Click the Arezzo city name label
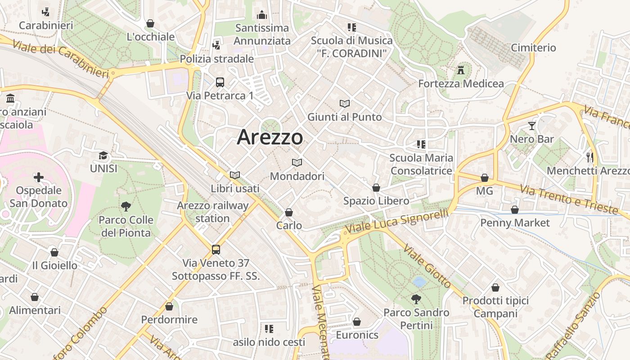coord(270,137)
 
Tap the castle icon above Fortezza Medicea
coord(460,70)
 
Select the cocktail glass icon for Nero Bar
coord(532,126)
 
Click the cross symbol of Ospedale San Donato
coord(39,177)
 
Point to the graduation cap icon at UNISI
coord(103,156)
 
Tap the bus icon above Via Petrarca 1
coord(220,82)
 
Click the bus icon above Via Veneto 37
coord(216,249)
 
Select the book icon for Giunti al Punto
coord(345,104)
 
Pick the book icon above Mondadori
coord(297,163)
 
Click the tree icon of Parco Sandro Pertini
coord(416,299)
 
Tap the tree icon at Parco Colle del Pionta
coord(126,207)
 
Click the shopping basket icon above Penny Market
coord(515,210)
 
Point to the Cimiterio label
coord(533,48)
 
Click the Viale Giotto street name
coord(427,266)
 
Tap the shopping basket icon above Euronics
coord(357,322)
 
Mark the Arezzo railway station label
coord(212,212)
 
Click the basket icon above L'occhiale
coord(150,23)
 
